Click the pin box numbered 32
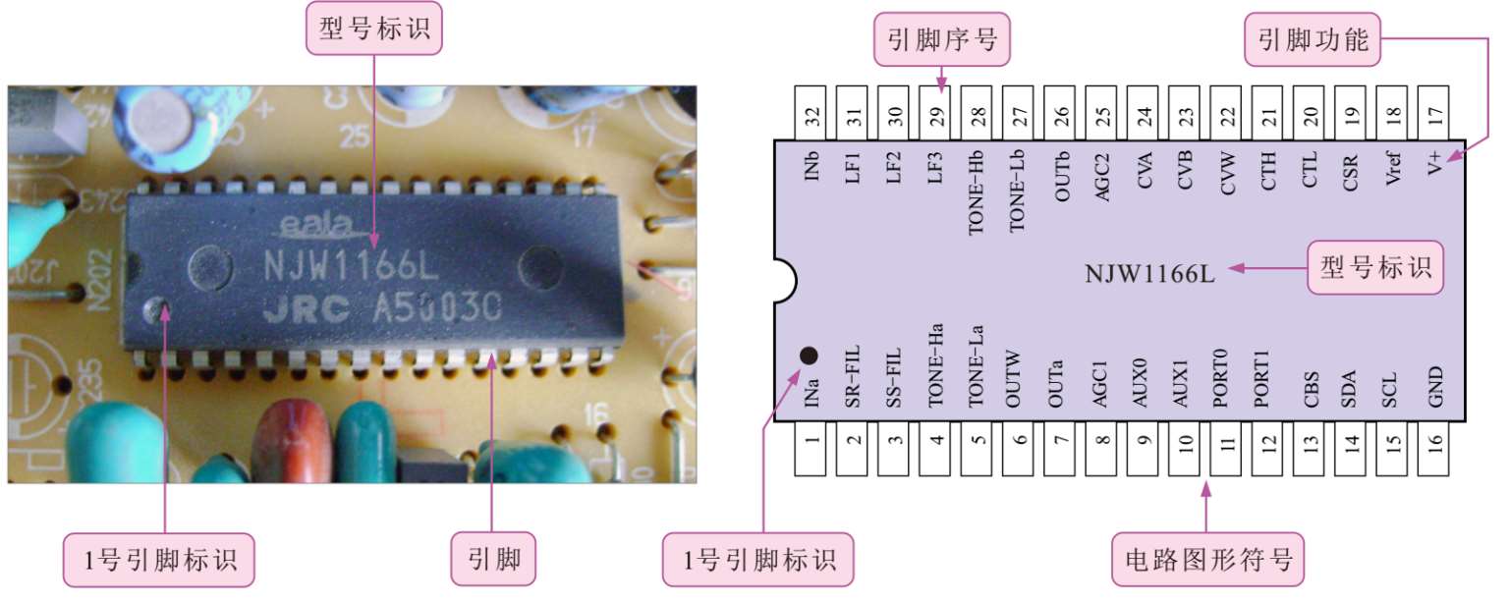point(812,113)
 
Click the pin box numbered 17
point(1435,113)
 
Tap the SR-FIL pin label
point(854,384)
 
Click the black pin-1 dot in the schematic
point(809,355)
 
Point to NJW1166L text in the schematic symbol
point(1149,273)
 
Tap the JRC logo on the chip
point(306,310)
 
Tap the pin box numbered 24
point(1145,113)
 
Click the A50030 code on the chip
point(437,310)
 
